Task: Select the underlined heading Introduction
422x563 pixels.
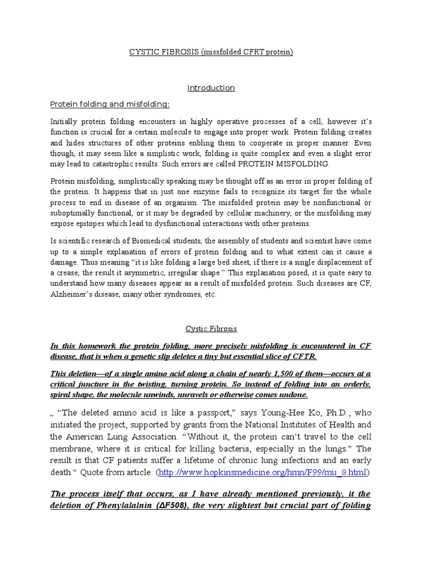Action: [x=211, y=88]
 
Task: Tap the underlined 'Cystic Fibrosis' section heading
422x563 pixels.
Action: [x=211, y=329]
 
